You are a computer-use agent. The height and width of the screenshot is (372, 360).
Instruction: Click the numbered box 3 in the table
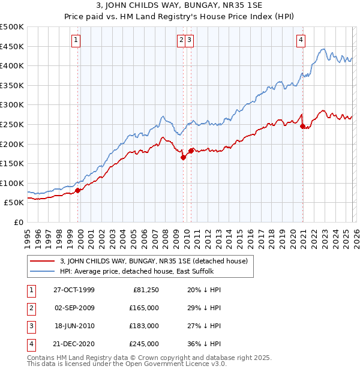[30, 326]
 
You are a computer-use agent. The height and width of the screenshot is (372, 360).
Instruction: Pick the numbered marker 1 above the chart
[77, 40]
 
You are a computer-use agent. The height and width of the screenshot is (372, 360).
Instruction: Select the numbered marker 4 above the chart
[301, 40]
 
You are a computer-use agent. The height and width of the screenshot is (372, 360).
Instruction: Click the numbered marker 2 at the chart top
[181, 40]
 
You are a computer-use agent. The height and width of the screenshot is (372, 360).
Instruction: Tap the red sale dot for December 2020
[303, 126]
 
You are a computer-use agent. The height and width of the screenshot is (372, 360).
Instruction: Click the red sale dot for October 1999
[78, 190]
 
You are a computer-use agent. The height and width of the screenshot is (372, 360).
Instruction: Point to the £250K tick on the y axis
[12, 124]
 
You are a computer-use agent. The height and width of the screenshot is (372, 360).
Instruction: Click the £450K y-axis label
[12, 46]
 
